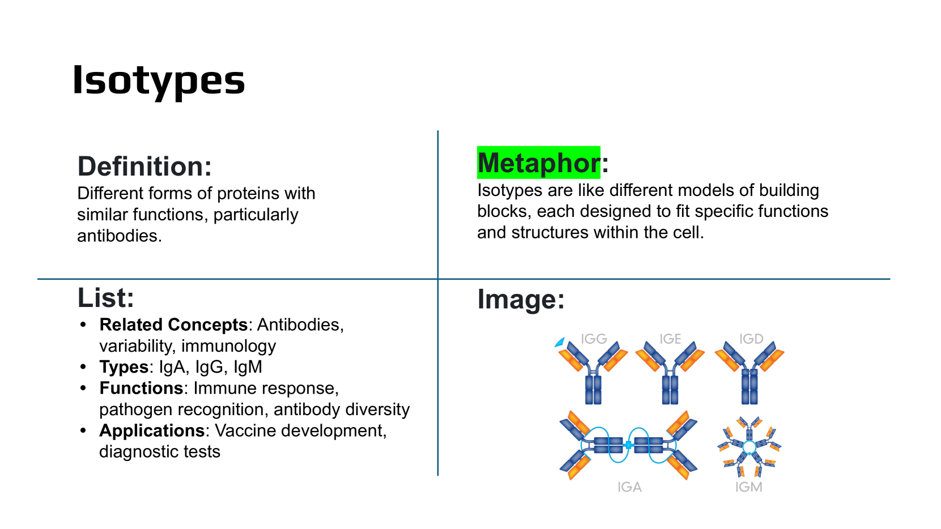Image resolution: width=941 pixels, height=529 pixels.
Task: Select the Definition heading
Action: [144, 167]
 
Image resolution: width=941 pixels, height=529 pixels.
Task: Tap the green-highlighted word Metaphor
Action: [539, 163]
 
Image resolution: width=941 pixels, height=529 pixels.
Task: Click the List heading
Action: [106, 298]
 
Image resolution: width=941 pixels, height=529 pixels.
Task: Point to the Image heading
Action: [521, 300]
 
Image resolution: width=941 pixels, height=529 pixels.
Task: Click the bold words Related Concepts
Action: [173, 325]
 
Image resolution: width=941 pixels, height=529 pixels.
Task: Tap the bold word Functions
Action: [141, 388]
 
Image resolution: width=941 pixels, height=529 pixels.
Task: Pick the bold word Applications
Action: [152, 431]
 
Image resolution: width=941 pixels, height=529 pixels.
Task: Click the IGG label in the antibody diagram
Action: [594, 339]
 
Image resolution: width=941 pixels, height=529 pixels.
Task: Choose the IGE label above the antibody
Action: [670, 339]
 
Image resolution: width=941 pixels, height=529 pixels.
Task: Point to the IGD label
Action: [751, 339]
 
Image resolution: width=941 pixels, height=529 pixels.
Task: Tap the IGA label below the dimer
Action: [629, 487]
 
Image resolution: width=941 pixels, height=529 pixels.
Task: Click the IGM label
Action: [748, 487]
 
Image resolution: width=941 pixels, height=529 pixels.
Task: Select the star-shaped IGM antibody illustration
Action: [749, 447]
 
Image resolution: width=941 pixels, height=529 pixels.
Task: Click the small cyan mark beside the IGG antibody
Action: [560, 342]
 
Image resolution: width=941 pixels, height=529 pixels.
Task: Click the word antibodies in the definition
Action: [120, 236]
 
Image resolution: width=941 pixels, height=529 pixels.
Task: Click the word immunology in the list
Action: [228, 346]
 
